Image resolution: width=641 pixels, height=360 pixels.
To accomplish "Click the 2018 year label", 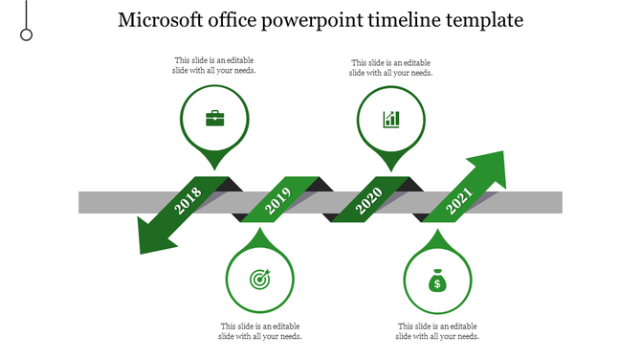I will pyautogui.click(x=188, y=201).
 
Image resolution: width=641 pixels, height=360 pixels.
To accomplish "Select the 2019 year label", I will pyautogui.click(x=277, y=201).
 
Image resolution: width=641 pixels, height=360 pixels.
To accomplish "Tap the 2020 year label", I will pyautogui.click(x=368, y=201).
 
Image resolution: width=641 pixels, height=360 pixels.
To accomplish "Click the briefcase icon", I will pyautogui.click(x=215, y=119).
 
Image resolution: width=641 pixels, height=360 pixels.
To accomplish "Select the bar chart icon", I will pyautogui.click(x=391, y=119).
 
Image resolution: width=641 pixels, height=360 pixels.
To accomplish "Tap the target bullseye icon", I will pyautogui.click(x=259, y=279).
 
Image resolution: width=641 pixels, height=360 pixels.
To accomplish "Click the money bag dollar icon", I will pyautogui.click(x=437, y=281).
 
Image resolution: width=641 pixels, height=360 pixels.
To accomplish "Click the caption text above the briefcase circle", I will pyautogui.click(x=214, y=65).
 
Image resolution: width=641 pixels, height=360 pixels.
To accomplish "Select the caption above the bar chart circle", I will pyautogui.click(x=390, y=66).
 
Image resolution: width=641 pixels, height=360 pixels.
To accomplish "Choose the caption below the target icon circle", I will pyautogui.click(x=260, y=331).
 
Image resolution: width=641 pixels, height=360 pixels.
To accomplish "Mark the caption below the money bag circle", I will pyautogui.click(x=437, y=331).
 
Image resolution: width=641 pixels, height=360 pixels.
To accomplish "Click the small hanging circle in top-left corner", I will pyautogui.click(x=27, y=34).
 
